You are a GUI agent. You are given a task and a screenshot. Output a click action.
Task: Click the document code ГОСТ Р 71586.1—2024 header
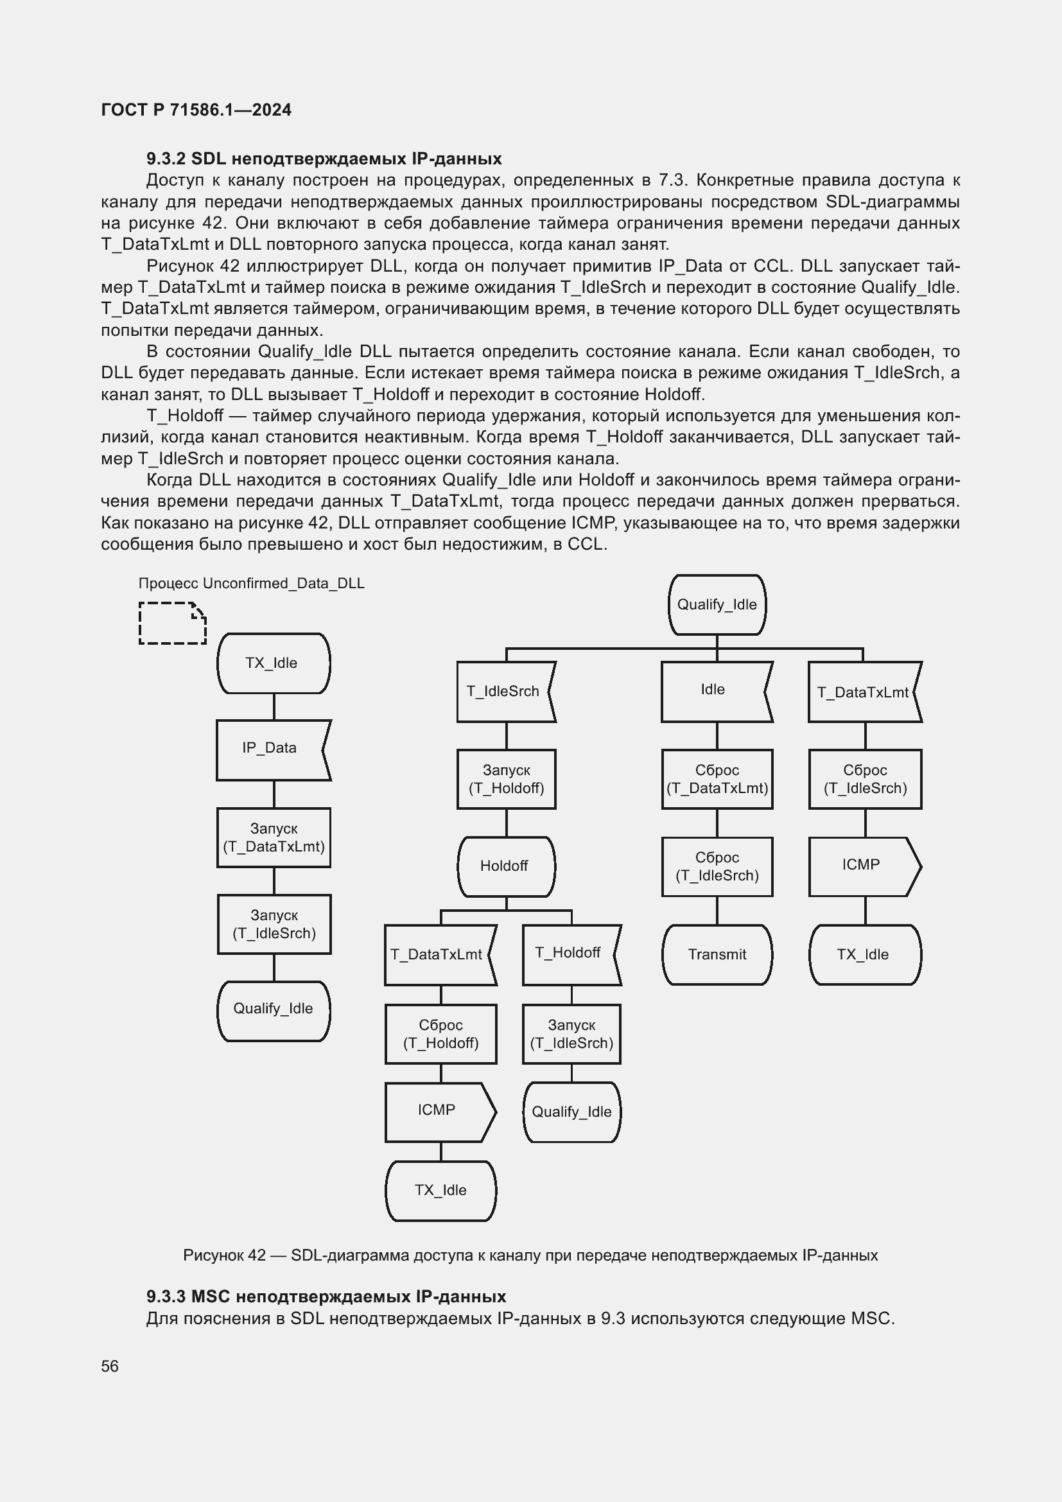point(196,110)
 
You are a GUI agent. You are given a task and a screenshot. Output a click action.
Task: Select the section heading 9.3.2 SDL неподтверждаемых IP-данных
point(324,159)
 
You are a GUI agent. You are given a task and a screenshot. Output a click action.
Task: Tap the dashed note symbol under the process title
point(172,623)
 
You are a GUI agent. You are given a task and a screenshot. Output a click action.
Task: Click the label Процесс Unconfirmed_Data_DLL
point(251,584)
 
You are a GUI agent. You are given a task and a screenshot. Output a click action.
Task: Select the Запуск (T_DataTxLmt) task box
point(274,837)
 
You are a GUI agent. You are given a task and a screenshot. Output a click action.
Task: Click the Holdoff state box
point(505,866)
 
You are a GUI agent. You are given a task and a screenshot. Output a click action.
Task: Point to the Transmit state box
point(717,954)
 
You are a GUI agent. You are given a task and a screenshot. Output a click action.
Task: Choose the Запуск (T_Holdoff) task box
point(506,779)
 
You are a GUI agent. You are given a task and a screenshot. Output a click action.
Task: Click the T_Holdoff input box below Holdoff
point(571,954)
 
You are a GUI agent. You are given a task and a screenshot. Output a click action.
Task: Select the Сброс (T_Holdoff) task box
point(440,1035)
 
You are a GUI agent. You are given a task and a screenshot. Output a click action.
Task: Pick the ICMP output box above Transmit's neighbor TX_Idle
point(864,866)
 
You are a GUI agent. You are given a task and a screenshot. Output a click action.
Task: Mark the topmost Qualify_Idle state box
point(717,604)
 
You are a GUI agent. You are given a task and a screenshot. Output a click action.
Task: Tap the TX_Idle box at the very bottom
point(440,1190)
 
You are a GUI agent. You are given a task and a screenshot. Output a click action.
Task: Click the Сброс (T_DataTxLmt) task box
point(717,779)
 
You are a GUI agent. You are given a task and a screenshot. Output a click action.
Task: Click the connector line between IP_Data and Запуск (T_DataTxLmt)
point(274,794)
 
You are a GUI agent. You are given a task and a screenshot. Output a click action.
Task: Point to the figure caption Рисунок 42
point(530,1255)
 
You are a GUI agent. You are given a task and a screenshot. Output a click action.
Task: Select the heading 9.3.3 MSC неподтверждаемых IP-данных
point(326,1297)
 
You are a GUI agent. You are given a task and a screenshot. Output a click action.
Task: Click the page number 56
point(110,1367)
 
